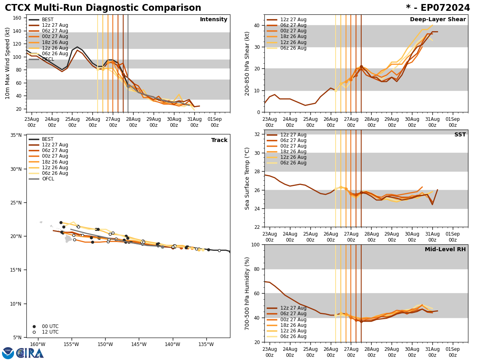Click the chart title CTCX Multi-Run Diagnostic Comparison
[x=103, y=8]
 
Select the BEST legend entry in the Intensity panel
[x=48, y=20]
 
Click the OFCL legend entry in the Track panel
[x=48, y=179]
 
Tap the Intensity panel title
[x=214, y=20]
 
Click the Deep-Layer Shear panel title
[x=438, y=20]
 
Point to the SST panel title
[x=460, y=135]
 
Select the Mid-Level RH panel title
[x=445, y=250]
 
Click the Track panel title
[x=219, y=140]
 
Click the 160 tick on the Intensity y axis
[x=18, y=18]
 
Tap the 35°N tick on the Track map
[x=16, y=135]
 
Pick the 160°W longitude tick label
[x=37, y=344]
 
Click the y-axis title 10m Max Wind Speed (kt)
[x=8, y=63]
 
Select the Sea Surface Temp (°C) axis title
[x=247, y=178]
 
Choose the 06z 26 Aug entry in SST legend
[x=293, y=163]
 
